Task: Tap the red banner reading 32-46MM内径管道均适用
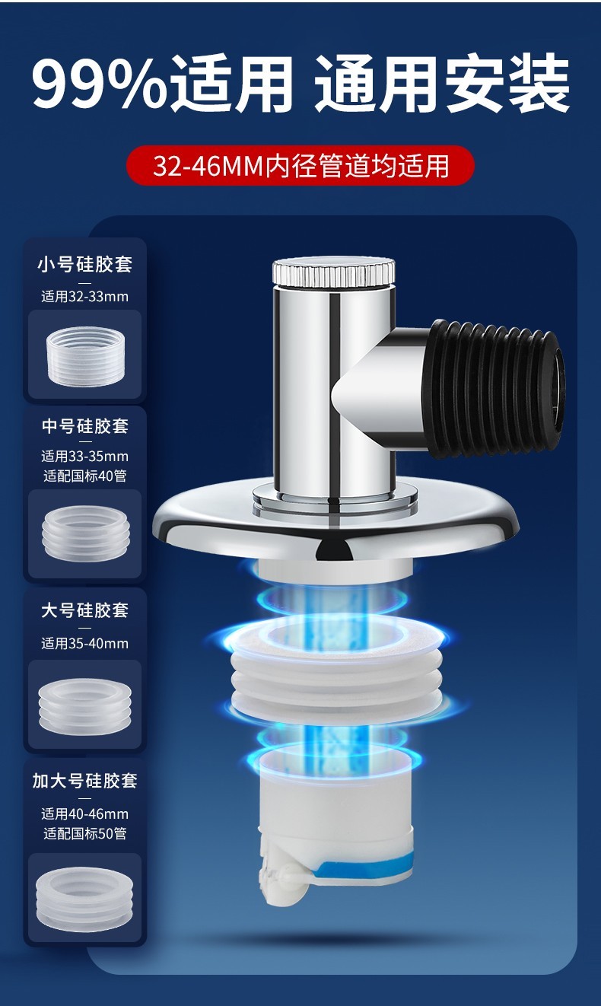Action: click(300, 166)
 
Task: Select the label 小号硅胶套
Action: click(85, 264)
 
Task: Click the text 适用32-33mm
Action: click(85, 297)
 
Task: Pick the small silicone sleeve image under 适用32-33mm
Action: click(85, 356)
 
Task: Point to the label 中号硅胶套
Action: click(85, 425)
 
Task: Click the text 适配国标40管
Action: click(85, 476)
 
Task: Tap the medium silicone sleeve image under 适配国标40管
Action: click(85, 533)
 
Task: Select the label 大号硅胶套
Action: click(85, 610)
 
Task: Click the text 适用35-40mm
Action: click(85, 643)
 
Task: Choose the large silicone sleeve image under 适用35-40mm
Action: click(85, 707)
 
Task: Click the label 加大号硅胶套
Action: click(85, 781)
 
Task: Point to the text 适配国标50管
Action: click(85, 833)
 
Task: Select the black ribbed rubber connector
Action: click(494, 389)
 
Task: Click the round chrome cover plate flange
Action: click(335, 521)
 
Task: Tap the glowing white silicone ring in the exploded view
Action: click(335, 669)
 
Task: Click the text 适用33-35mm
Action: click(85, 457)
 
